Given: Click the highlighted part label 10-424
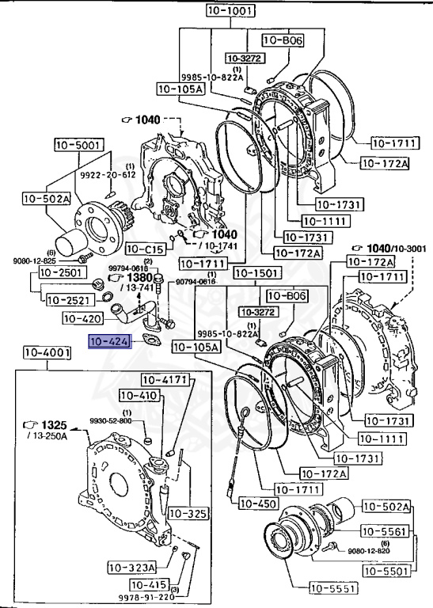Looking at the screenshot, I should pos(112,342).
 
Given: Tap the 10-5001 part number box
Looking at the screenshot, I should pos(78,145).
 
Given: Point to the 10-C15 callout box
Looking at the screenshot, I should pos(146,249).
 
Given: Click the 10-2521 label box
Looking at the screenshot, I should pos(68,299).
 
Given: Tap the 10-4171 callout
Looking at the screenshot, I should pos(165,380).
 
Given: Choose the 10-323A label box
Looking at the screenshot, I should pos(132,567).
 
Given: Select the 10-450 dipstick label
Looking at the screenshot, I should pos(257,503).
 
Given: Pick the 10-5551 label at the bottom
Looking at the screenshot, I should pos(333,587).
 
